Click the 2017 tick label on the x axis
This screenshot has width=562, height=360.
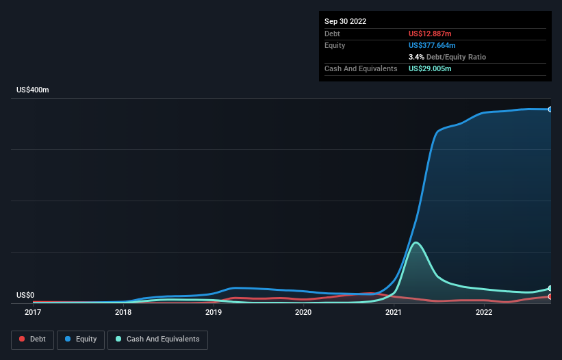click(x=32, y=313)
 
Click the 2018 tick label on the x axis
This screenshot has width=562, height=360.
click(x=123, y=313)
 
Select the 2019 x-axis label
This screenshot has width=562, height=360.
click(x=214, y=313)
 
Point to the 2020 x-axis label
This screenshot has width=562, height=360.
click(x=303, y=313)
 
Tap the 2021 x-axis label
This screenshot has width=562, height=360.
click(x=394, y=313)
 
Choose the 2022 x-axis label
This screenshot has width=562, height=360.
click(x=484, y=313)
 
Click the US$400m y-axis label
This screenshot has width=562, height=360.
click(x=33, y=90)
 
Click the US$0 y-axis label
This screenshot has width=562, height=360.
click(x=25, y=295)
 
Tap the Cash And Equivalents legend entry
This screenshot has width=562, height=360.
click(x=157, y=339)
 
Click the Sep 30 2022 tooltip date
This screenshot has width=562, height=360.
click(x=346, y=21)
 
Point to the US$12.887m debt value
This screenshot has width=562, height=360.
click(x=431, y=34)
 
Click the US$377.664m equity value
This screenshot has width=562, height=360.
click(x=433, y=45)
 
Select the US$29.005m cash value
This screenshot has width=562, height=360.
click(x=430, y=68)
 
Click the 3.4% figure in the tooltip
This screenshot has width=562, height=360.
click(x=416, y=57)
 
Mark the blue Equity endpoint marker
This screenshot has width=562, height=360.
click(x=550, y=110)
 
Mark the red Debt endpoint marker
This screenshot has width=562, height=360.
click(x=550, y=296)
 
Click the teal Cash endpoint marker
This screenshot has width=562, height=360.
click(x=550, y=288)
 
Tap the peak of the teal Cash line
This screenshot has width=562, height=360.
click(x=416, y=242)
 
